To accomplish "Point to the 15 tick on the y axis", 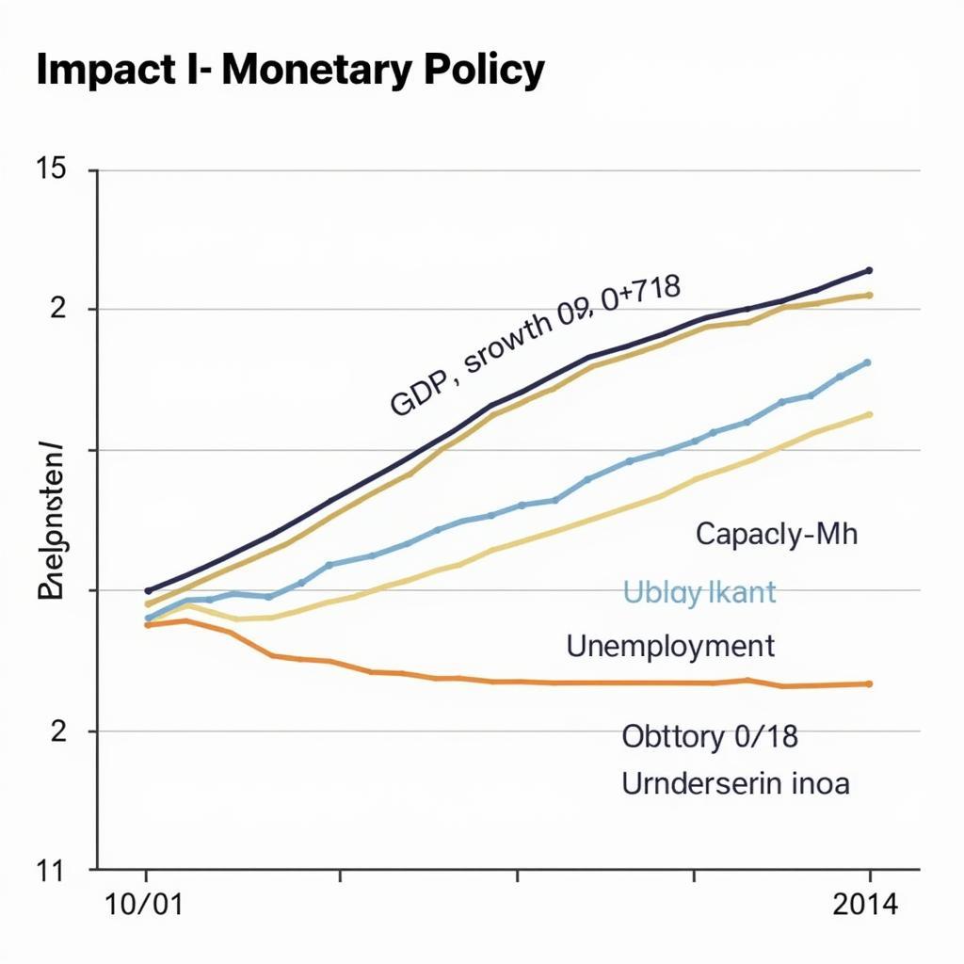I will [x=51, y=170].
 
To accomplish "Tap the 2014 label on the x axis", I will [x=866, y=906].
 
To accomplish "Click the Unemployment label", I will [x=670, y=646].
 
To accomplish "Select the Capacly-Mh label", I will [x=777, y=535].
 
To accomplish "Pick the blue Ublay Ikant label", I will [x=699, y=592].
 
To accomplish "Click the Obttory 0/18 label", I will [x=710, y=736].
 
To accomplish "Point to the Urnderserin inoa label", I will [x=735, y=783].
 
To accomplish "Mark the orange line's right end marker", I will [x=868, y=683].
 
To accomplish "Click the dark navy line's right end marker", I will [x=868, y=270].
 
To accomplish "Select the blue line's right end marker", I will [x=867, y=362].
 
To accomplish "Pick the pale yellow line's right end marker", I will [x=868, y=414].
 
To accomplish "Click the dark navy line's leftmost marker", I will [x=148, y=590].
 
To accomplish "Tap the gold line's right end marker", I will [x=868, y=295].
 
